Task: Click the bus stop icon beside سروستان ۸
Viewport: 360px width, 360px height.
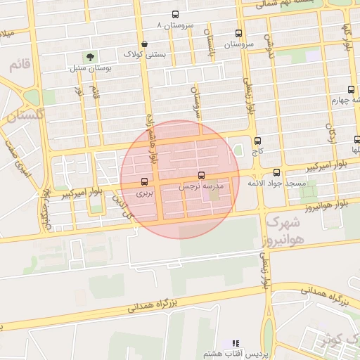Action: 175,15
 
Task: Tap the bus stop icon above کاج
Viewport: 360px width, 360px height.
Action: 257,141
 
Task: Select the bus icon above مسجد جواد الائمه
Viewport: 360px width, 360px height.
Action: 276,172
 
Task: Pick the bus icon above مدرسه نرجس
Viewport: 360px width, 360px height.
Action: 202,175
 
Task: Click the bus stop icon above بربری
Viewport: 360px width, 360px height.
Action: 144,181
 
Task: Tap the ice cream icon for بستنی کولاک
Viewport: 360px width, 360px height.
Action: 144,44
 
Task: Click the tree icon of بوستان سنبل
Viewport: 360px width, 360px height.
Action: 89,57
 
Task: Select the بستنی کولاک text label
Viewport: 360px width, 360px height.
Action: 143,54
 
